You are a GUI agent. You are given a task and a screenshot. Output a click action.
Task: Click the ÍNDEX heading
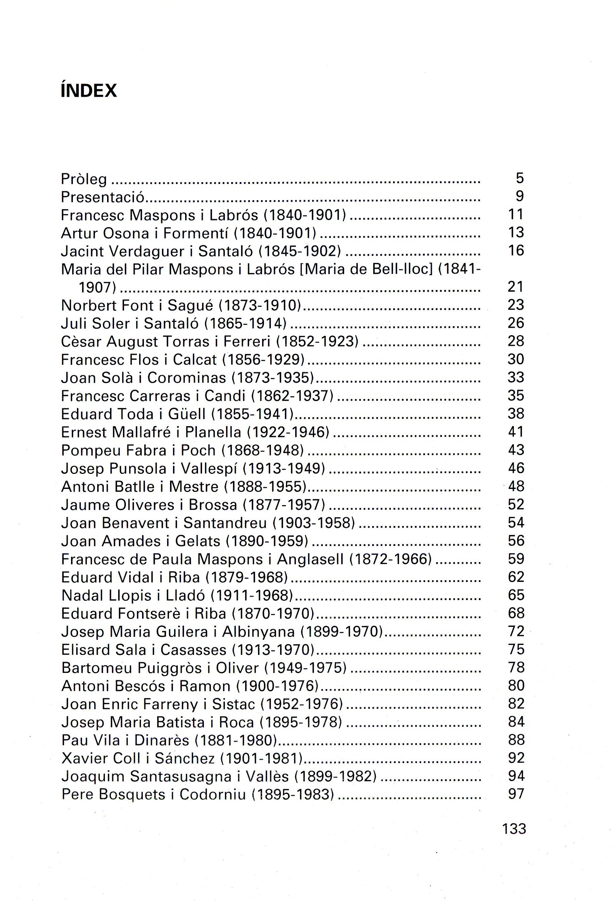pyautogui.click(x=89, y=91)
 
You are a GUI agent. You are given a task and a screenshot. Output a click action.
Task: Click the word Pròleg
pyautogui.click(x=84, y=179)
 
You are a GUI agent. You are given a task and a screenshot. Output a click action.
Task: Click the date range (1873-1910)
pyautogui.click(x=260, y=305)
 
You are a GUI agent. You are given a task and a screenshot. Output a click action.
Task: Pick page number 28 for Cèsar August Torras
pyautogui.click(x=516, y=341)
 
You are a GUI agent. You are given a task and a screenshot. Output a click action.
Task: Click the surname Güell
pyautogui.click(x=187, y=414)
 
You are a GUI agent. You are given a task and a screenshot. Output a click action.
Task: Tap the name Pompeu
pyautogui.click(x=88, y=450)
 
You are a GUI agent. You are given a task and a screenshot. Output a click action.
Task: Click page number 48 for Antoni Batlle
pyautogui.click(x=516, y=486)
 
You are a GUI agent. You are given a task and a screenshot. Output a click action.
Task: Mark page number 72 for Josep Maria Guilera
pyautogui.click(x=516, y=631)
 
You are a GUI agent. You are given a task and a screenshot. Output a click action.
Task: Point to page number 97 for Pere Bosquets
pyautogui.click(x=516, y=794)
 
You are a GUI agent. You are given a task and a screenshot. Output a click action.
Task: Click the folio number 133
pyautogui.click(x=514, y=829)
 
